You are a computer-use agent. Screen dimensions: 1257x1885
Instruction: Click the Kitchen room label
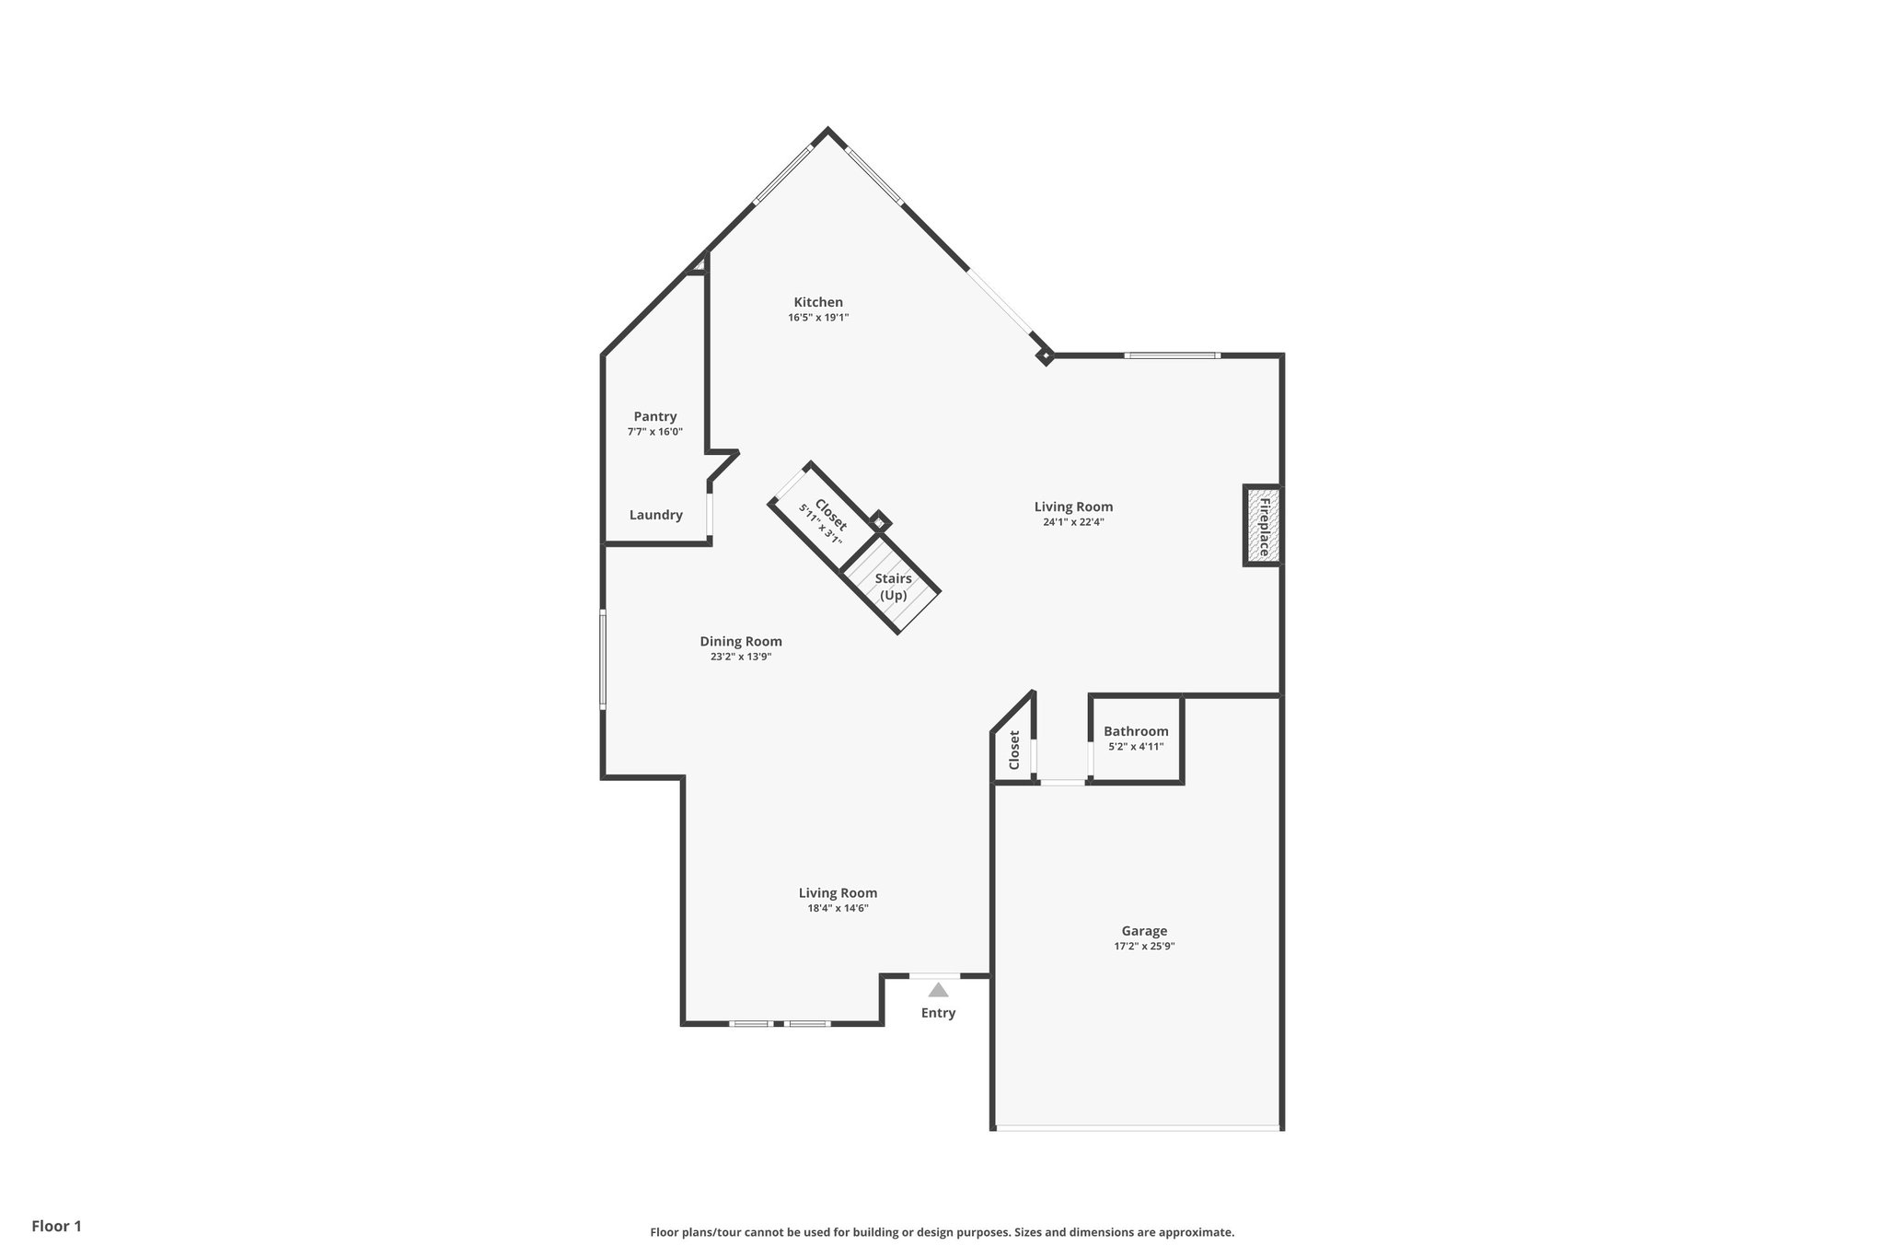[x=818, y=302]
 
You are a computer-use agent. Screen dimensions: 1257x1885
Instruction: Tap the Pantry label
[x=654, y=416]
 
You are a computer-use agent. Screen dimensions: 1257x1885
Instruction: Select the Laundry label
[x=655, y=515]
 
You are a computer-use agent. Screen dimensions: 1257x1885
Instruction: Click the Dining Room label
[x=740, y=642]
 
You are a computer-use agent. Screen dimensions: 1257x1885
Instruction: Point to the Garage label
[x=1144, y=931]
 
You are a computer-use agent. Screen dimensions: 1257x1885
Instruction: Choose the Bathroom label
[x=1136, y=731]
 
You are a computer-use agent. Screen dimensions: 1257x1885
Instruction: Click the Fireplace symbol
[x=1263, y=526]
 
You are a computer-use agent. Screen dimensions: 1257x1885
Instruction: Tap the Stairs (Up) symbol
[x=892, y=587]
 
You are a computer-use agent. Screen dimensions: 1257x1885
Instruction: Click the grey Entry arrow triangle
[x=938, y=990]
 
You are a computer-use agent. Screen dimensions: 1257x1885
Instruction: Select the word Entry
[x=938, y=1013]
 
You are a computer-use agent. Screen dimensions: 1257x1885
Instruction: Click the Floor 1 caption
[x=56, y=1226]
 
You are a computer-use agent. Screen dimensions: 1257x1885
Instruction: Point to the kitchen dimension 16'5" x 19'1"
[x=818, y=318]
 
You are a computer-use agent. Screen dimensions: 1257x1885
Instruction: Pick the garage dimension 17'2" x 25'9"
[x=1144, y=946]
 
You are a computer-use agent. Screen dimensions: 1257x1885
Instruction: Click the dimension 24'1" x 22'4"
[x=1073, y=522]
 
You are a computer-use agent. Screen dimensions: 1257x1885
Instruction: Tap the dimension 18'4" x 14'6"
[x=838, y=908]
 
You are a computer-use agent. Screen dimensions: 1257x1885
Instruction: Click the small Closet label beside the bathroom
[x=1014, y=751]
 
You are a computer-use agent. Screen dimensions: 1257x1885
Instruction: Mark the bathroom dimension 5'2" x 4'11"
[x=1136, y=747]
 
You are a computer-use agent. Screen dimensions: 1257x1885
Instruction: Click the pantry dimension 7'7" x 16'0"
[x=654, y=432]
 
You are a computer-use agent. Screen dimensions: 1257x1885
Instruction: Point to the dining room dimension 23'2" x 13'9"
[x=740, y=658]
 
